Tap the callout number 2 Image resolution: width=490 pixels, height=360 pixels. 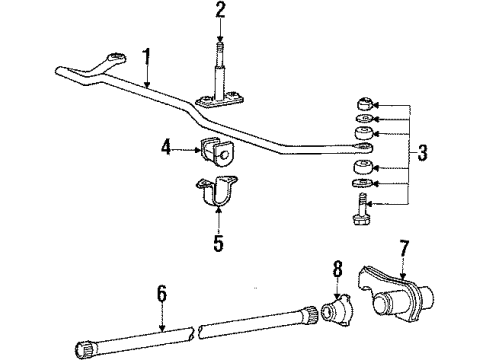click(x=221, y=11)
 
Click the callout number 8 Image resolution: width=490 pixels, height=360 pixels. click(x=336, y=267)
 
